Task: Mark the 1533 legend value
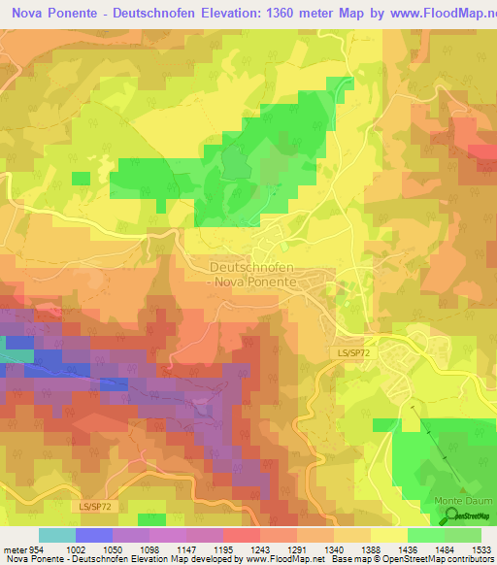pyautogui.click(x=482, y=549)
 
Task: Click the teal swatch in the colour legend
pyautogui.click(x=56, y=535)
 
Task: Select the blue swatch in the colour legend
pyautogui.click(x=93, y=535)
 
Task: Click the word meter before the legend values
pyautogui.click(x=15, y=549)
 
